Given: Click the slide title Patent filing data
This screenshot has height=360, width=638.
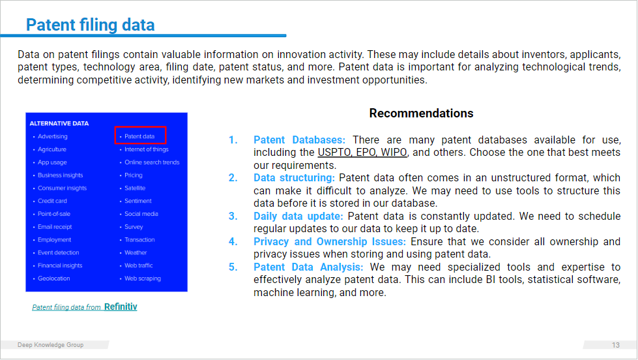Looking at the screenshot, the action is pos(91,25).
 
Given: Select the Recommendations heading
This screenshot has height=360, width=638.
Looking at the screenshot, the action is pos(421,113).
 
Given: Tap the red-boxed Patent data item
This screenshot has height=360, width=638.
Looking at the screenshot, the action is pos(139,136).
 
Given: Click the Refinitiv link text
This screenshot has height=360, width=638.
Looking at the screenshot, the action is pos(121,307).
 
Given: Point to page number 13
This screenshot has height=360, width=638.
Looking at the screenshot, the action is pos(616,345).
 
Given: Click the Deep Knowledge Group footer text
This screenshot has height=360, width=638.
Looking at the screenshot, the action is pos(50,345).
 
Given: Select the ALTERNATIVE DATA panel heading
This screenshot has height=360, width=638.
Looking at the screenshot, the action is pos(59,123).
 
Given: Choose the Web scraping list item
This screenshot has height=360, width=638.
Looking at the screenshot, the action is pos(143,278).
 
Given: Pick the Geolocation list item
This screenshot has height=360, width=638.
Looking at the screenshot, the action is pos(53,278).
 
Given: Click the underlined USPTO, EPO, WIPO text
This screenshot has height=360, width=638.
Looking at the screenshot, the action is pos(362,153).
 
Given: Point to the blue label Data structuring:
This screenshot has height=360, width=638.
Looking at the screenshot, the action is pos(294,178).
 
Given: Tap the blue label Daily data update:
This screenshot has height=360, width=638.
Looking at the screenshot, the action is pos(298,217).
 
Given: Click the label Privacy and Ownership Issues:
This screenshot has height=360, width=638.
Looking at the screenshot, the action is pos(330,241).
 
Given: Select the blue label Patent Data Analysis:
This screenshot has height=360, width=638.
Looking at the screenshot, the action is pos(308,267).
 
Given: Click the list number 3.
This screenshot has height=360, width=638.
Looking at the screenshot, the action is pos(233,217).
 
